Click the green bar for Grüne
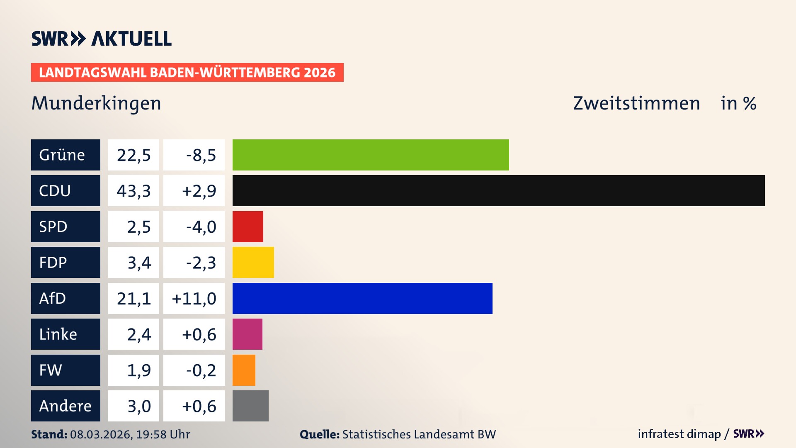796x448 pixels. [x=370, y=155]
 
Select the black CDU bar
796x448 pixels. [x=498, y=190]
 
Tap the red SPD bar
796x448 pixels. [x=248, y=226]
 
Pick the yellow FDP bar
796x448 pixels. [x=253, y=262]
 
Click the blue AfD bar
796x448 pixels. [x=362, y=298]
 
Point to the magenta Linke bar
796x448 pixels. [x=247, y=334]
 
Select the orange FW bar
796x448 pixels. [x=244, y=370]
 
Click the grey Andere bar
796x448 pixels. [x=250, y=406]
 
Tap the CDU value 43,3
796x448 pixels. [x=133, y=191]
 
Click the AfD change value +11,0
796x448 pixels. [x=194, y=299]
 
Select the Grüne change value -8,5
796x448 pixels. [x=201, y=155]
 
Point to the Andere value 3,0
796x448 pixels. [x=139, y=406]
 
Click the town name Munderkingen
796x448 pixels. [x=96, y=103]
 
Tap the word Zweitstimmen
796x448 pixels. [x=636, y=103]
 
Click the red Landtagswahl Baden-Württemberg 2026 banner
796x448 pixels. [x=187, y=73]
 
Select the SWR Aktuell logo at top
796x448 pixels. [x=101, y=39]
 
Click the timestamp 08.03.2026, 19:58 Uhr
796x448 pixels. [x=130, y=434]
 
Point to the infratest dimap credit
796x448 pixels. [x=679, y=434]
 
